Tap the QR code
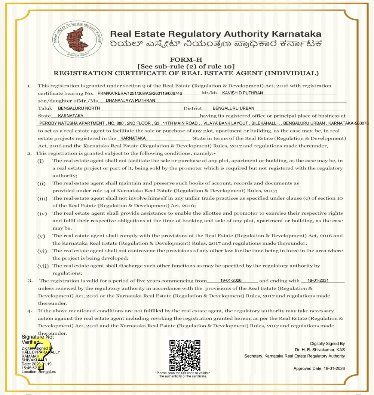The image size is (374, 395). point(185,355)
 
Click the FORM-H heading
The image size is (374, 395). point(186,59)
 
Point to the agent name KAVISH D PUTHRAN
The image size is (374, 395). point(242,93)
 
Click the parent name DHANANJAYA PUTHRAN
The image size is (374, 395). point(130,100)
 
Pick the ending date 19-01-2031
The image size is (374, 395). point(318,280)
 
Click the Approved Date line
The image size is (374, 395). point(319,368)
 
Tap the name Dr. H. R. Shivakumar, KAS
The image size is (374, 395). point(320,350)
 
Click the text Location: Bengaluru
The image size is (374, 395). point(39,372)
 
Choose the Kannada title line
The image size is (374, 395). point(215,44)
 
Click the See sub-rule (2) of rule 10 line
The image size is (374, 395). point(186,66)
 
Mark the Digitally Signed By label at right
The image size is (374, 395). point(327,343)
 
